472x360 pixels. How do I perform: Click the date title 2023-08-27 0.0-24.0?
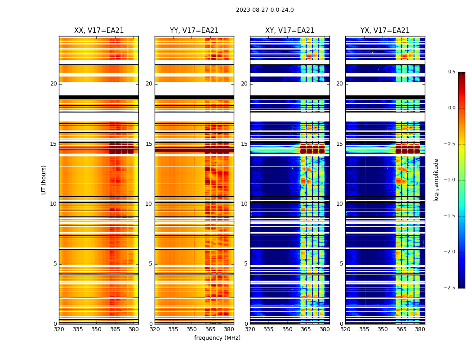[265, 10]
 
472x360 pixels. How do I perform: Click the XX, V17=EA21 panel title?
[99, 31]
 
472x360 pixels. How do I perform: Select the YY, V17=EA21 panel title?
[194, 31]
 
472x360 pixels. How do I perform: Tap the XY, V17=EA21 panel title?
[290, 31]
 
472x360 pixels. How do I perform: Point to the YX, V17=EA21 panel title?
[385, 31]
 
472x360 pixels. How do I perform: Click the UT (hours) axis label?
[44, 180]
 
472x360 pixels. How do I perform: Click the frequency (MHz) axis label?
[217, 338]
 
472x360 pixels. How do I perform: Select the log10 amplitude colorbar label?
[436, 180]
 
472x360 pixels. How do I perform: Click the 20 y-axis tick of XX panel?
[53, 84]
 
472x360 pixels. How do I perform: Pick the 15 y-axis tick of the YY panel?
[149, 144]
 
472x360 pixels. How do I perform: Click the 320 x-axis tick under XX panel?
[59, 329]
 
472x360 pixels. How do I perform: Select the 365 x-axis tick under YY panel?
[210, 329]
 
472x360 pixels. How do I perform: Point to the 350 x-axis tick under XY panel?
[287, 329]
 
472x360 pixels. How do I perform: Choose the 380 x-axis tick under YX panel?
[420, 329]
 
